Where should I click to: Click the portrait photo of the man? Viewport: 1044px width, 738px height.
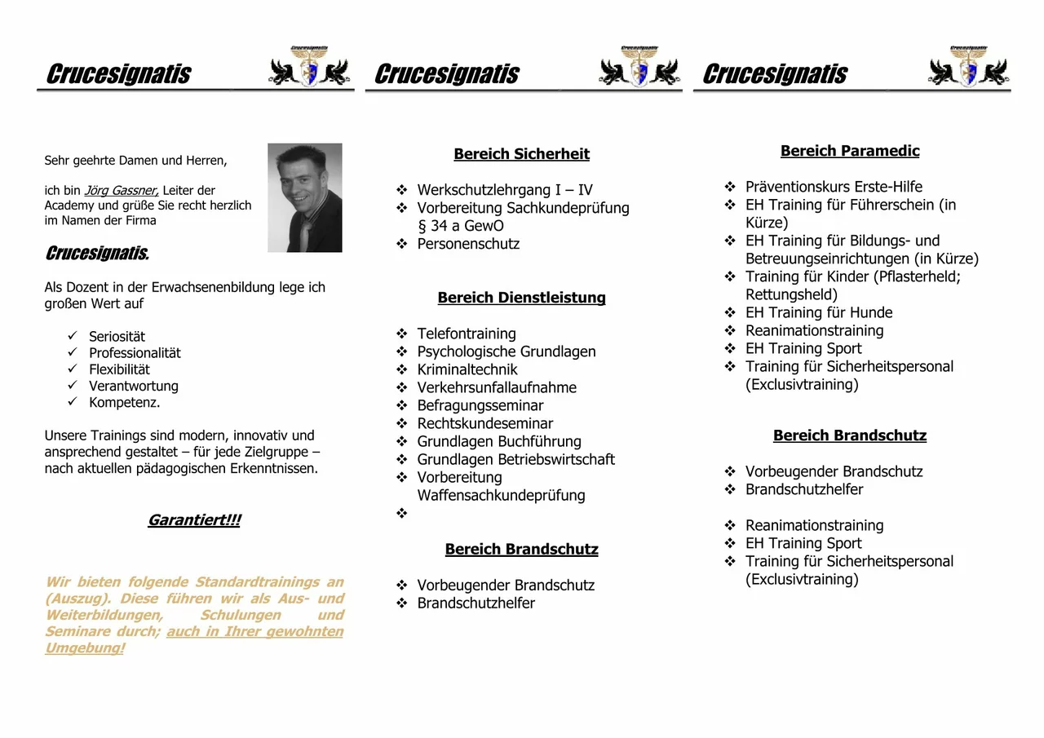click(x=304, y=197)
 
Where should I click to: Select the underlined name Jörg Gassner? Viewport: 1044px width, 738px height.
click(x=122, y=191)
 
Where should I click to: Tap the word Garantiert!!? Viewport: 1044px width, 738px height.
click(x=194, y=520)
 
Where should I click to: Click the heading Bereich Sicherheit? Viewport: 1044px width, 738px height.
click(x=521, y=154)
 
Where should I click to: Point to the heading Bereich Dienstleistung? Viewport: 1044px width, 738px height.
click(x=521, y=298)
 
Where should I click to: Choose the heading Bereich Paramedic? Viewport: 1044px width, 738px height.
click(x=849, y=151)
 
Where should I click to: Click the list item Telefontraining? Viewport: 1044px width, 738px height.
click(x=467, y=334)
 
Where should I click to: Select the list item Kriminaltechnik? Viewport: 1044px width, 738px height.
click(x=467, y=369)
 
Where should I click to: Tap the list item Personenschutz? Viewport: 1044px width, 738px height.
click(x=468, y=244)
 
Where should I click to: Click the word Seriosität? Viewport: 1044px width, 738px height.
click(x=117, y=337)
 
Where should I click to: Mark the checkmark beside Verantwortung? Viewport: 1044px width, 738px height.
click(x=73, y=386)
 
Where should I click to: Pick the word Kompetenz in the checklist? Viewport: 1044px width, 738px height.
click(x=124, y=403)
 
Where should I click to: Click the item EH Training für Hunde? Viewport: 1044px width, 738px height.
click(x=819, y=312)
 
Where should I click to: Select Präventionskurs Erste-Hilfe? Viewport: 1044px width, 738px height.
click(x=834, y=187)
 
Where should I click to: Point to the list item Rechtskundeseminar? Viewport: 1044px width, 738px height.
click(x=485, y=423)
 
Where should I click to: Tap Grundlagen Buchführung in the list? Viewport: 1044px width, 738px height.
click(x=499, y=441)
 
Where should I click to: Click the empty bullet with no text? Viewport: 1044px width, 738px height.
click(x=401, y=514)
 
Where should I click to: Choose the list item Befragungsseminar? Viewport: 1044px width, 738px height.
click(x=480, y=405)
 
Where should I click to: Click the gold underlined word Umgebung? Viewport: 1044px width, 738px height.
click(x=85, y=648)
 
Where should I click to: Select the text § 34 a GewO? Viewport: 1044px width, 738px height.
click(x=461, y=226)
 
